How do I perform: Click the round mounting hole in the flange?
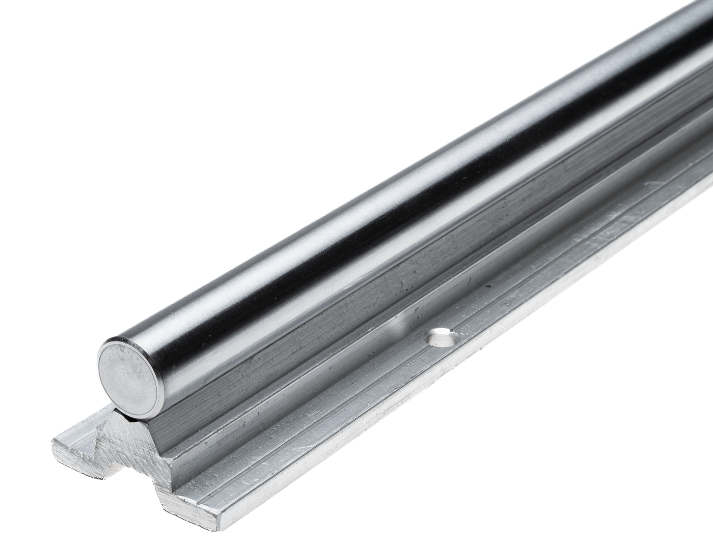click(442, 336)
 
